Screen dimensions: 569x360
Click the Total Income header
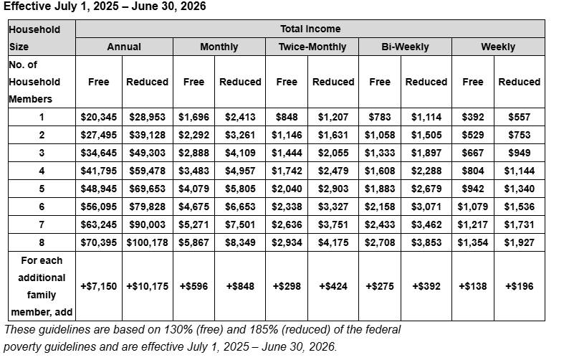(x=310, y=29)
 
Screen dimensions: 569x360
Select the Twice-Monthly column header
(x=312, y=47)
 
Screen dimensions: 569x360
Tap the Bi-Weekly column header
(x=405, y=47)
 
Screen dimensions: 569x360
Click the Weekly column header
(x=498, y=47)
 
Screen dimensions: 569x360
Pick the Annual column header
(x=124, y=47)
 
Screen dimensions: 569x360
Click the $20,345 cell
(x=99, y=117)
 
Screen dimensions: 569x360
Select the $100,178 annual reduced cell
(x=148, y=242)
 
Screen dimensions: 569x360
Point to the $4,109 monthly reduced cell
(x=240, y=153)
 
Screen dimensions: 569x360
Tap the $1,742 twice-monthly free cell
(x=287, y=171)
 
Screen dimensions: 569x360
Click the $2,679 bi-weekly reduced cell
(x=426, y=189)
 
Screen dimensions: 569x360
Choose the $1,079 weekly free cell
(x=473, y=207)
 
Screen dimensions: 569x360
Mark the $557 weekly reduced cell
(x=520, y=117)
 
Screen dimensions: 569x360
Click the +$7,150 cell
(x=99, y=286)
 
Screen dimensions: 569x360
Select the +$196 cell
(x=520, y=286)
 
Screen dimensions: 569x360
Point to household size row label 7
(x=42, y=224)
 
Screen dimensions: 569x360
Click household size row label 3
(x=42, y=153)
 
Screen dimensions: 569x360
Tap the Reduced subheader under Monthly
(x=240, y=82)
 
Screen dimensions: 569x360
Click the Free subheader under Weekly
(x=473, y=82)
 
